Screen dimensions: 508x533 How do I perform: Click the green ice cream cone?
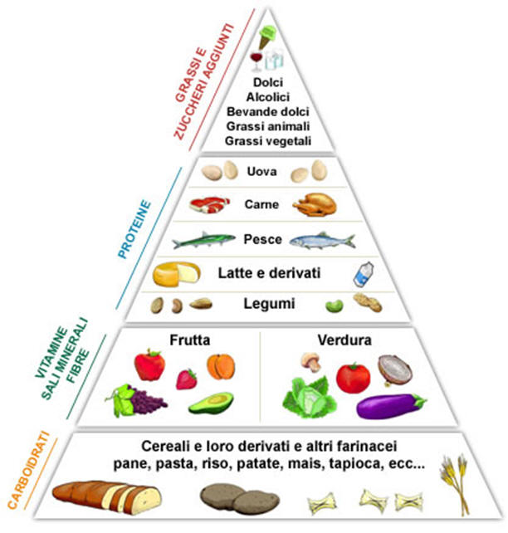click(x=266, y=37)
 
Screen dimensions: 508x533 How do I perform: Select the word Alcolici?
click(x=268, y=97)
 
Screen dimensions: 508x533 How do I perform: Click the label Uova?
click(x=261, y=171)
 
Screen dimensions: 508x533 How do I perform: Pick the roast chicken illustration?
click(x=315, y=204)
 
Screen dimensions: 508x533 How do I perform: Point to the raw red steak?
click(x=209, y=204)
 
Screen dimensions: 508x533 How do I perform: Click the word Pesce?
click(x=262, y=239)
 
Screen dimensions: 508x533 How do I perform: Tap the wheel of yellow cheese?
click(x=176, y=274)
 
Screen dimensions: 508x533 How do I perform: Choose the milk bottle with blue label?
click(x=364, y=274)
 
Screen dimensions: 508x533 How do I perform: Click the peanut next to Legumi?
click(x=368, y=302)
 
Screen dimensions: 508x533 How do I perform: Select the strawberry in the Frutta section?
click(x=187, y=379)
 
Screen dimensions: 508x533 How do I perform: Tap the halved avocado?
click(x=211, y=403)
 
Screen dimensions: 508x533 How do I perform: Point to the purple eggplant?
click(x=391, y=406)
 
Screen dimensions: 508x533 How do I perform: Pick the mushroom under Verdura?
click(x=310, y=362)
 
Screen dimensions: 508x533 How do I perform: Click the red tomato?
click(x=353, y=378)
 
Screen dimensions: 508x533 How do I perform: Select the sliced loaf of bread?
click(x=107, y=497)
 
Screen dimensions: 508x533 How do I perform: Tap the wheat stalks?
click(x=456, y=484)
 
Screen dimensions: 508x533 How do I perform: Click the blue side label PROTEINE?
click(x=134, y=229)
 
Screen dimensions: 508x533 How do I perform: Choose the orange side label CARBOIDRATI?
click(x=28, y=471)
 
